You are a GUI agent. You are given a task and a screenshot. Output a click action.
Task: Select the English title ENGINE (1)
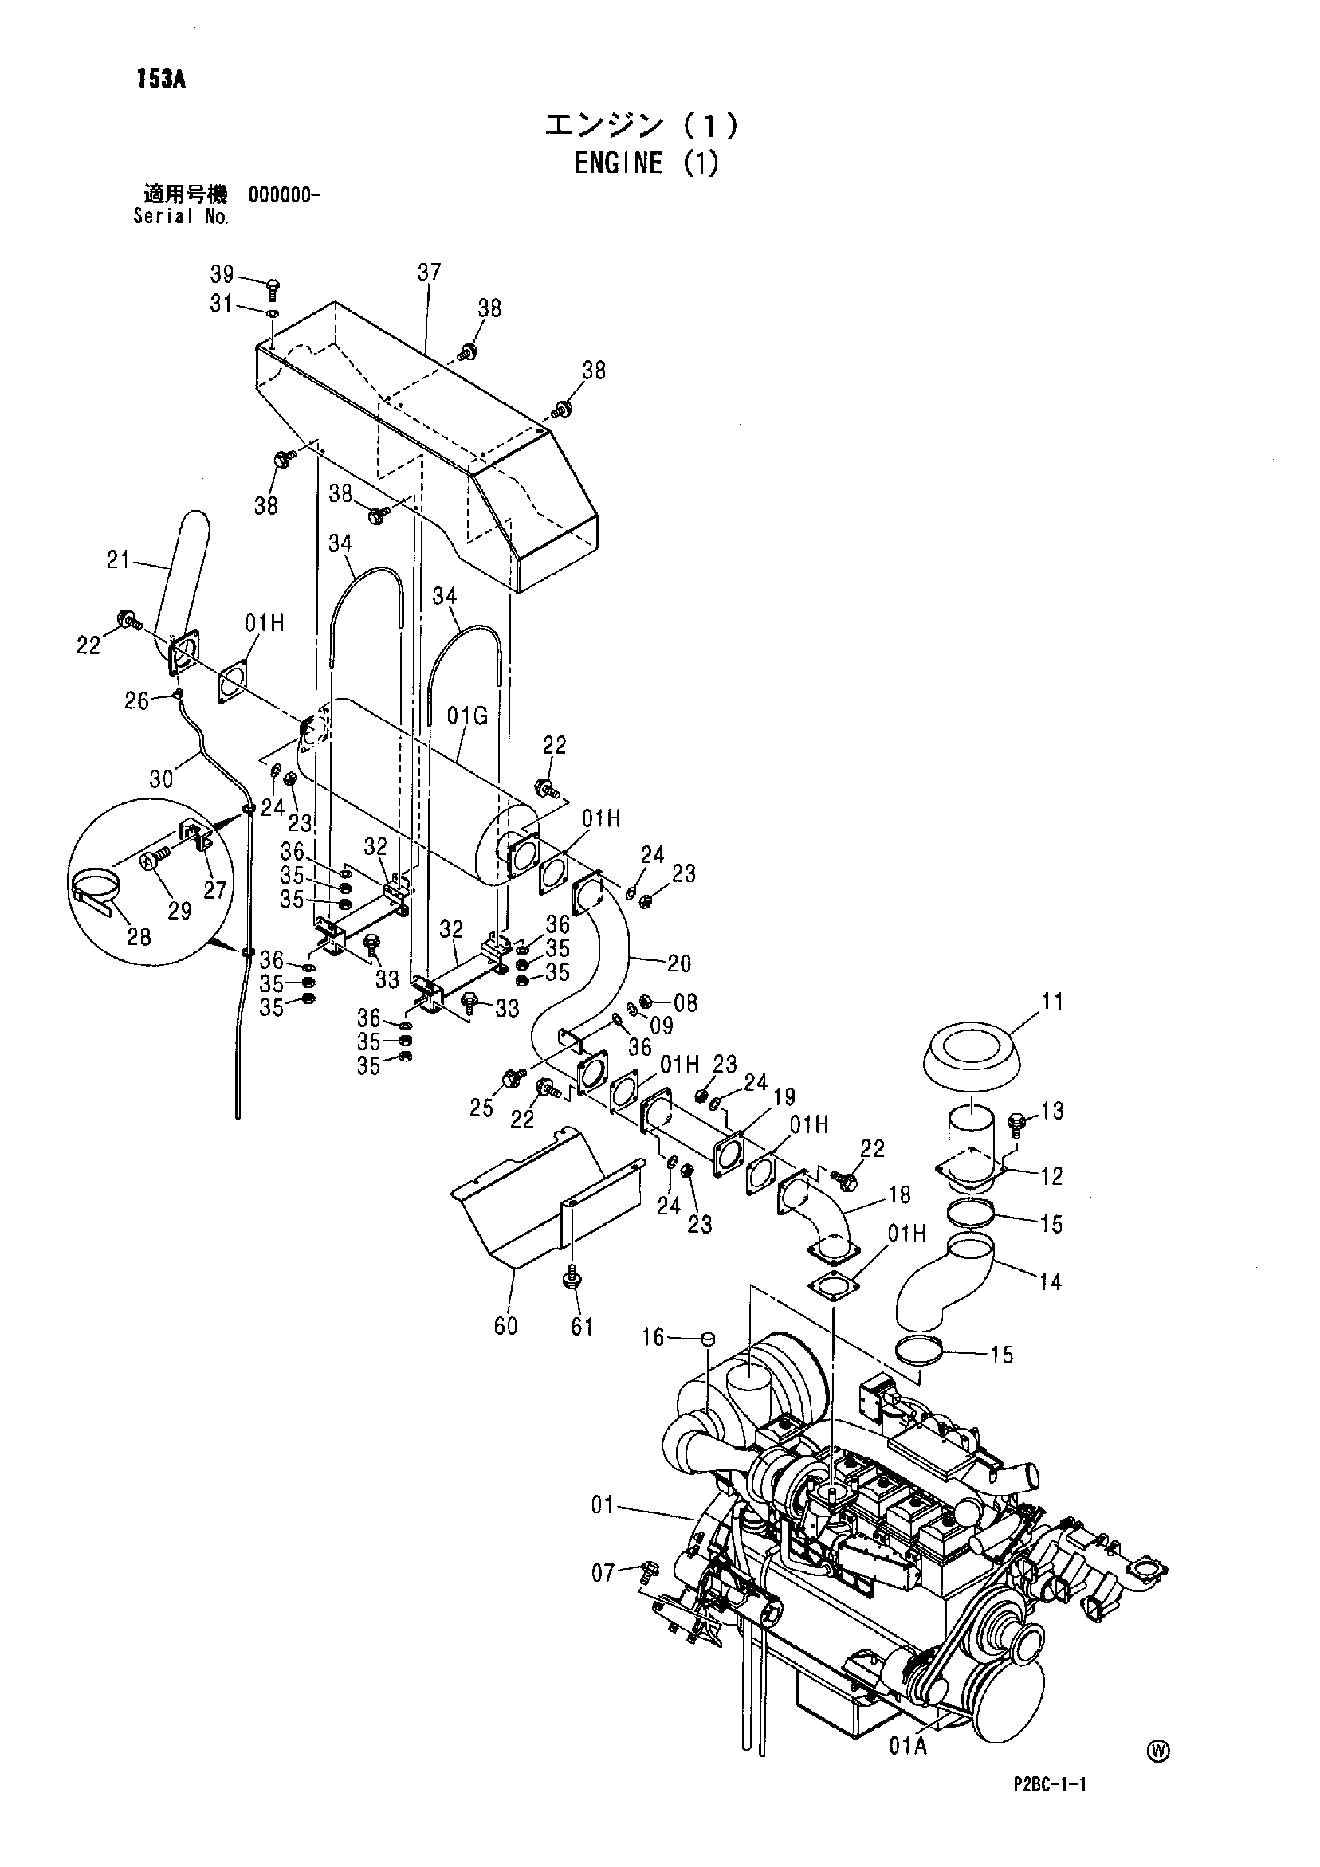646,163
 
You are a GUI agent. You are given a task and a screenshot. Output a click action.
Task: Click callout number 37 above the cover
430,272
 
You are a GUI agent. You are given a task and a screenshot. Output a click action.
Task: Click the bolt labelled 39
273,288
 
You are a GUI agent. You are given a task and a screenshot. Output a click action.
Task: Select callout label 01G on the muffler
468,716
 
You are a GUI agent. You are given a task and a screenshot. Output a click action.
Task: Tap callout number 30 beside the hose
161,779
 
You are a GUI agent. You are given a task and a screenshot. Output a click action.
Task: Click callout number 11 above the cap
1052,1001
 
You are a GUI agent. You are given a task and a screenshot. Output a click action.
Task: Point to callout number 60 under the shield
506,1325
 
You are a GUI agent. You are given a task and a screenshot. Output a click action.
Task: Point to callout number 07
603,1573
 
